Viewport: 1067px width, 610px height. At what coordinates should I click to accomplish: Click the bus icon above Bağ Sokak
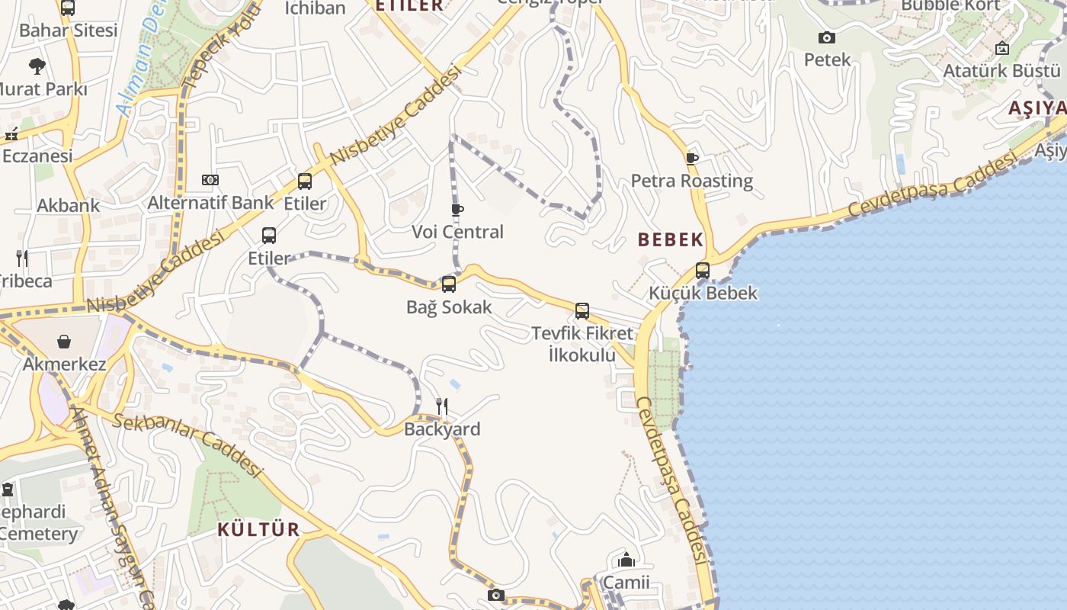point(449,284)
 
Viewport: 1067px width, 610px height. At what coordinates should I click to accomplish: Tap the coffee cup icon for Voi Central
point(457,210)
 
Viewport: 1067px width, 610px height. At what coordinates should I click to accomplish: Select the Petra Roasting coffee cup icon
point(691,159)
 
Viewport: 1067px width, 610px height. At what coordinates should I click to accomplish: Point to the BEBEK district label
point(671,239)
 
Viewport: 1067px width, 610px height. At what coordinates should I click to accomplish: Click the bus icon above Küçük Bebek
point(703,270)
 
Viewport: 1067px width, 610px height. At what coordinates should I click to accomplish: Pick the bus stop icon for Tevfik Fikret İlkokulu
point(582,310)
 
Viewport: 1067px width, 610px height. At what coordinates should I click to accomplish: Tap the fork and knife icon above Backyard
point(442,406)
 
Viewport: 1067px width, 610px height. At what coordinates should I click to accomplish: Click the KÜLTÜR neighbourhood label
point(259,529)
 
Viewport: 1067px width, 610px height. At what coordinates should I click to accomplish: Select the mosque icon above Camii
point(626,560)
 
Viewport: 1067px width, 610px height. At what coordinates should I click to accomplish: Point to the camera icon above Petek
point(827,37)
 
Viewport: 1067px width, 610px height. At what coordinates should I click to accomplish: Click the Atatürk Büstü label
point(1002,71)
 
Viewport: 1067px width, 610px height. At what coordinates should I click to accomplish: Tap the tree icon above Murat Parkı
point(37,66)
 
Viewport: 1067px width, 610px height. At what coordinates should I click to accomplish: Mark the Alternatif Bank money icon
point(210,180)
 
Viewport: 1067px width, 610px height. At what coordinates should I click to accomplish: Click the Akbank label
point(69,205)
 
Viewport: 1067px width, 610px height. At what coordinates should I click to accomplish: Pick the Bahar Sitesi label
point(69,30)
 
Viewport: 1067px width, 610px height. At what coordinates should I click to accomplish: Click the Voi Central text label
point(457,232)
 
